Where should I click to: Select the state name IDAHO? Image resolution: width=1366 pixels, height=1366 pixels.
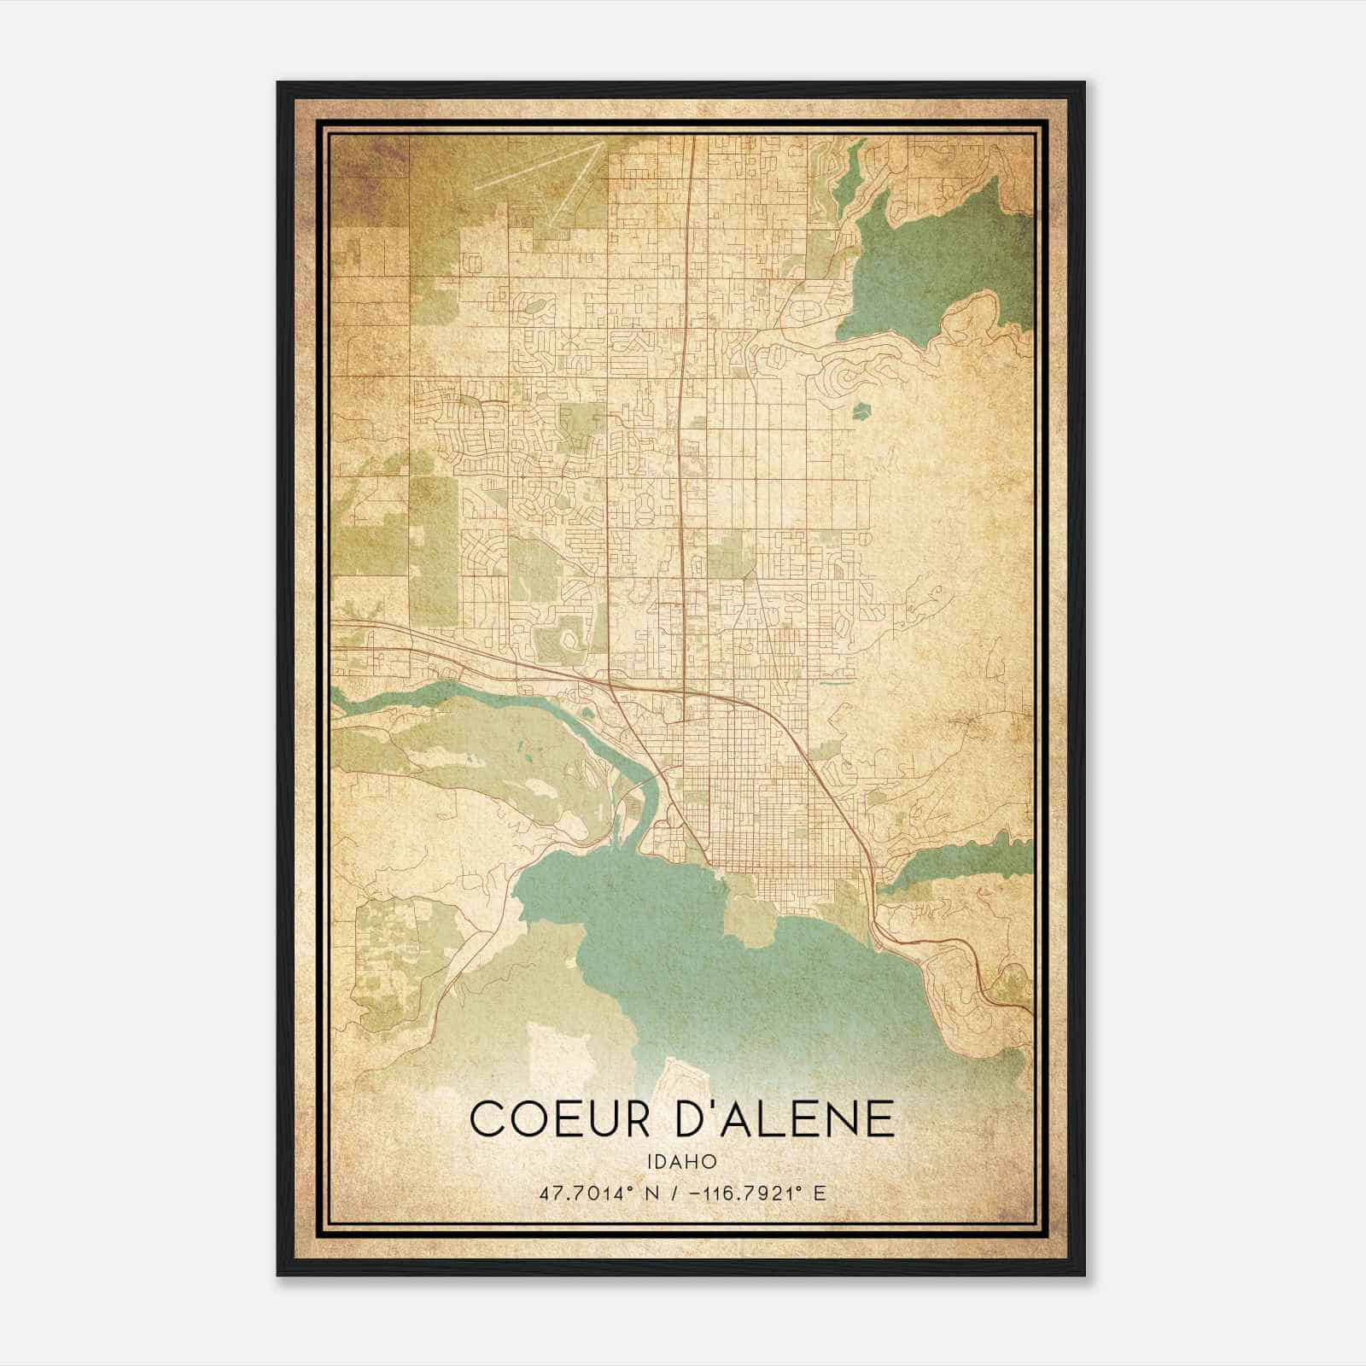point(681,1162)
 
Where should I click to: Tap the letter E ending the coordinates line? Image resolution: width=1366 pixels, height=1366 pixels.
point(820,1193)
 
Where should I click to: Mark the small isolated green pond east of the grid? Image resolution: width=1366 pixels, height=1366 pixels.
point(861,411)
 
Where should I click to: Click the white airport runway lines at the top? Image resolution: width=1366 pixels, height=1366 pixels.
point(546,175)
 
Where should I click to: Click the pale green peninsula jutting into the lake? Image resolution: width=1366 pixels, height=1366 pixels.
point(749,922)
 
